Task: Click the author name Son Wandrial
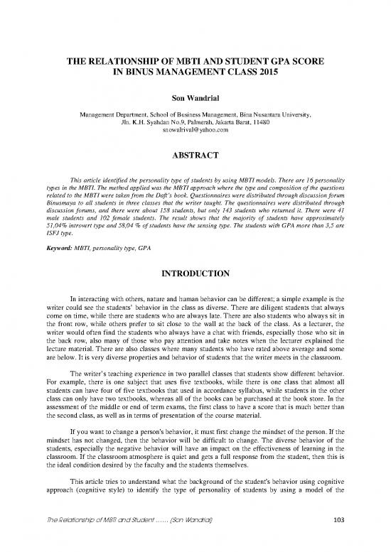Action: tap(195, 98)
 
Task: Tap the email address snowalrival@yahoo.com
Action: tap(195, 131)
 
